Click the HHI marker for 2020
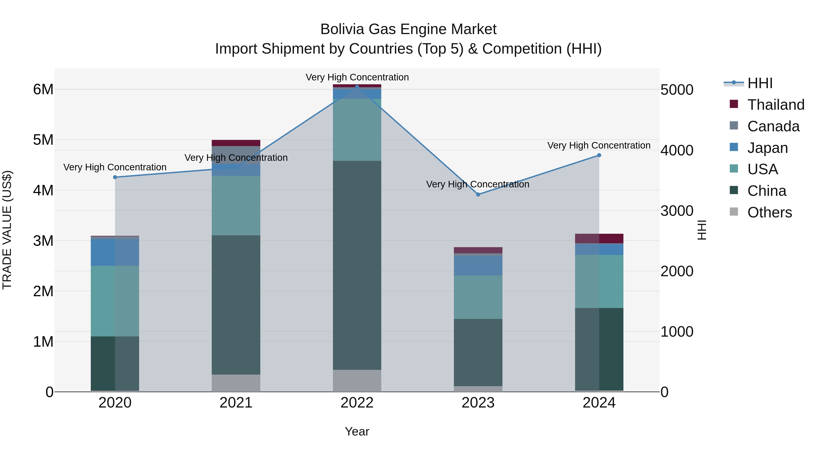click(x=115, y=177)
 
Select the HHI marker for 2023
click(x=478, y=194)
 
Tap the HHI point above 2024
click(x=599, y=155)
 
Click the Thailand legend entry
click(x=775, y=105)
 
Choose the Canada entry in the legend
click(x=773, y=126)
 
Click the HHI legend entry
click(x=760, y=83)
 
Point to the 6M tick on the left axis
click(x=43, y=89)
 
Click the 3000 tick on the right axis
click(x=677, y=211)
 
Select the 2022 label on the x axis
click(x=357, y=403)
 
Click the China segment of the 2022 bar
click(x=357, y=265)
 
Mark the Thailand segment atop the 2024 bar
click(x=599, y=239)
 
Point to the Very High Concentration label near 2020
click(x=115, y=167)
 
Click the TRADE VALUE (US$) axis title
click(x=7, y=230)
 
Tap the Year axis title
click(x=357, y=431)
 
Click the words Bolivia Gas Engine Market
click(x=408, y=29)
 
